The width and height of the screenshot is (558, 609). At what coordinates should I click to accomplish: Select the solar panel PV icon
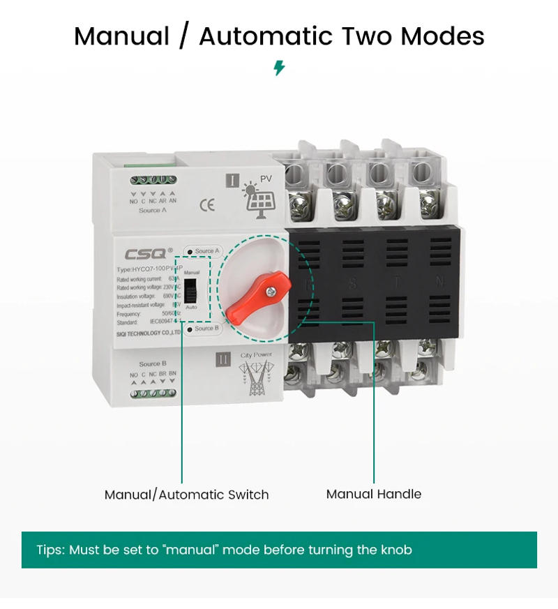tap(258, 198)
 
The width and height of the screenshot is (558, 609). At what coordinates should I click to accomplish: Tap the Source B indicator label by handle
tap(202, 328)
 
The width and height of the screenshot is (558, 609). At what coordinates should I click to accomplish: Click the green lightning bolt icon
tap(279, 68)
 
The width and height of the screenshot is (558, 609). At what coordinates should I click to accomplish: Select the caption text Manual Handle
tap(374, 494)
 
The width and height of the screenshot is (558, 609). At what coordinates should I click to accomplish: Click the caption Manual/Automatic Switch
tap(186, 495)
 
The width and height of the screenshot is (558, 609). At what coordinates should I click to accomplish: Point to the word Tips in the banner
tap(50, 550)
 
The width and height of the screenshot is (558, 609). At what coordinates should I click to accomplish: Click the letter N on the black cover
tap(439, 283)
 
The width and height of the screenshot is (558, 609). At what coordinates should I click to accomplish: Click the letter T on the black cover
tap(395, 283)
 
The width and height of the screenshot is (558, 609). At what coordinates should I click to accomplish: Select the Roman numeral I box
tap(231, 181)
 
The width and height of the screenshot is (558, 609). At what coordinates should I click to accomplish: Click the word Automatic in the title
tap(269, 36)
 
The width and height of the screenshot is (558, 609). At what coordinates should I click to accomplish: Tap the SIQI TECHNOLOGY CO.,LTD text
tap(149, 333)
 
